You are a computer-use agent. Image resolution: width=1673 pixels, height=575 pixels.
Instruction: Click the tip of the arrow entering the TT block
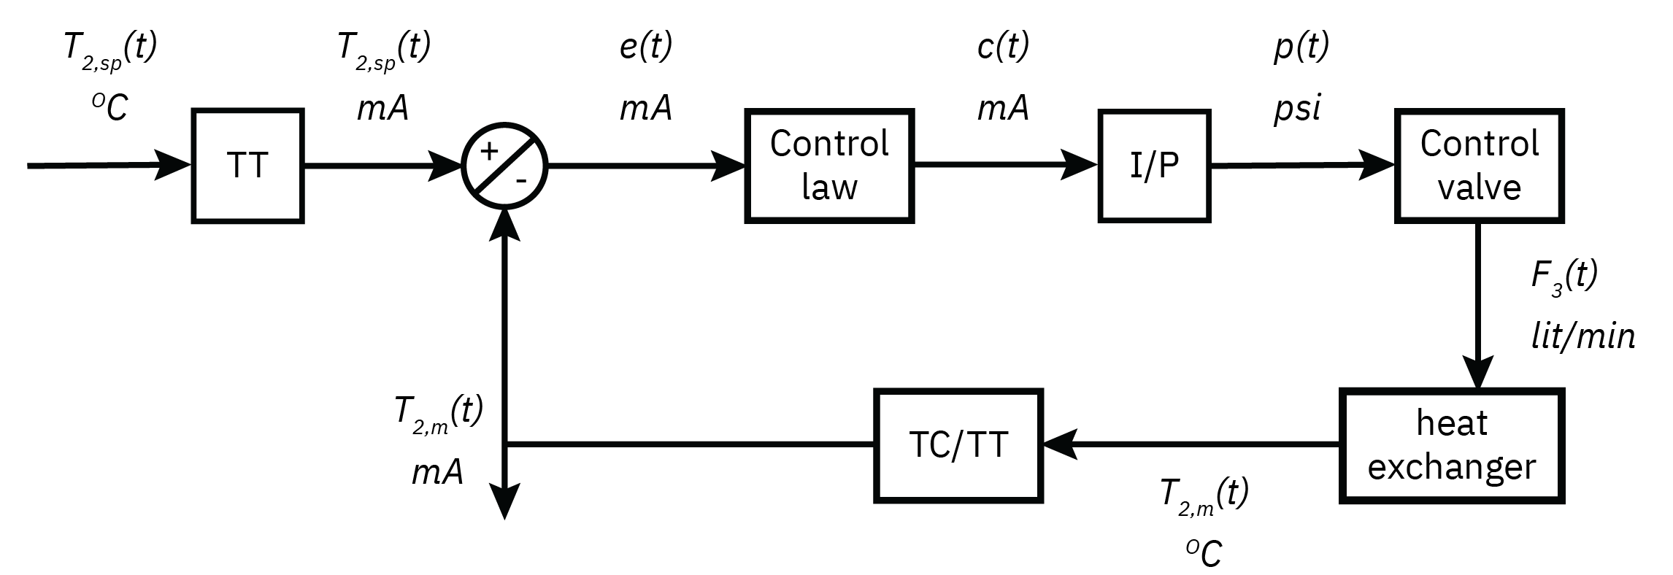click(x=191, y=166)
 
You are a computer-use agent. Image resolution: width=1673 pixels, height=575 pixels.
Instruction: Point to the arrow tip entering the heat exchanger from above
click(x=1479, y=390)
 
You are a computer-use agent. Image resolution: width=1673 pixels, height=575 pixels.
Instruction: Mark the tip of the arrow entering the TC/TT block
click(x=1044, y=444)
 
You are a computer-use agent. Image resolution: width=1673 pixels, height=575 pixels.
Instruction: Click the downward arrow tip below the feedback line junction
click(x=504, y=520)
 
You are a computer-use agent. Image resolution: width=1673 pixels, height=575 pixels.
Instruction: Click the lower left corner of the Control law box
click(x=747, y=220)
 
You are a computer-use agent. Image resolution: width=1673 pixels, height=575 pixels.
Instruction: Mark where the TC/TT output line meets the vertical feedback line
click(x=505, y=444)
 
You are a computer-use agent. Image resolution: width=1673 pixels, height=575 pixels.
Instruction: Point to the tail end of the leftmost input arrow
click(x=28, y=166)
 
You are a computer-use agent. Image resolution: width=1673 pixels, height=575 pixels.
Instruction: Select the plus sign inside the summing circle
click(x=488, y=151)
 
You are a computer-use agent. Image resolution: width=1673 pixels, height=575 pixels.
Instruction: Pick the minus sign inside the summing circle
click(x=521, y=180)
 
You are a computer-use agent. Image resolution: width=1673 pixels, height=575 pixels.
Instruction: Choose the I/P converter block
click(x=1154, y=166)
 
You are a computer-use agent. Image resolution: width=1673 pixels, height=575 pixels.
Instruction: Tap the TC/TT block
click(x=958, y=445)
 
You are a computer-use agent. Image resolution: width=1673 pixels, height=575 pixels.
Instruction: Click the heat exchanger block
click(x=1451, y=446)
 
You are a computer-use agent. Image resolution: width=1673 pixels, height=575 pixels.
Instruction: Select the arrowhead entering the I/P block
click(x=1080, y=165)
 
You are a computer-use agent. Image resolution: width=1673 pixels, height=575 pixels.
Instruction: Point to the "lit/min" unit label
click(x=1582, y=336)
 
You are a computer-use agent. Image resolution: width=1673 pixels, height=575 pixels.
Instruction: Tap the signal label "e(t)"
click(x=645, y=47)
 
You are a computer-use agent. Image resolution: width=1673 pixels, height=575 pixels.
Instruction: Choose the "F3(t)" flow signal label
click(x=1564, y=277)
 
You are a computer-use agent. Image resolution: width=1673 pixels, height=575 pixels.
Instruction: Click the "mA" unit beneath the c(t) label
click(x=1003, y=109)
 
